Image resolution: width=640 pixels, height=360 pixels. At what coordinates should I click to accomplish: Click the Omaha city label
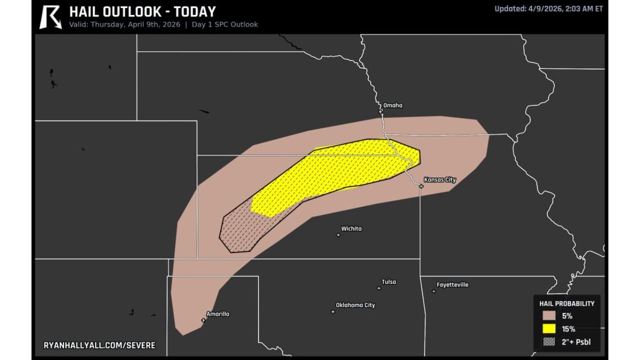(392, 105)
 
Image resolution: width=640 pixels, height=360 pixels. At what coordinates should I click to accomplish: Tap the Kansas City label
(439, 179)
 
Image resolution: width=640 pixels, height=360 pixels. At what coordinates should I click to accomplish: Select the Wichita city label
(351, 228)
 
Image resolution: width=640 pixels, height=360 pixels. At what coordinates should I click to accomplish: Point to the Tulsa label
(388, 282)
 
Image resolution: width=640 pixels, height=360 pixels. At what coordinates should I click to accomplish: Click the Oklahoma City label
(355, 305)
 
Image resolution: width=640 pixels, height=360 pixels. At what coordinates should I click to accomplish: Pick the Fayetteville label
(452, 285)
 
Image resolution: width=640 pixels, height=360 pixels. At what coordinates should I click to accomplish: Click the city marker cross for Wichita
(338, 235)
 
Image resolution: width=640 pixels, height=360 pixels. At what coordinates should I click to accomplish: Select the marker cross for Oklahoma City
(333, 311)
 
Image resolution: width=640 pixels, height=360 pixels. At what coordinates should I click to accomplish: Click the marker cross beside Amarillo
(203, 320)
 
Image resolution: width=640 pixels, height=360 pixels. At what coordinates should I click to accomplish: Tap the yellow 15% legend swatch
(549, 329)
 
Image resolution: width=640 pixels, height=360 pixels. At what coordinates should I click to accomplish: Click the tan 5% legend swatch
(549, 316)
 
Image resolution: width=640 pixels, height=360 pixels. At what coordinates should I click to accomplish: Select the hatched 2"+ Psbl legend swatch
(549, 342)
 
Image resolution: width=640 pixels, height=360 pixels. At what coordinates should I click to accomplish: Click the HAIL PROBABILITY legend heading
(566, 303)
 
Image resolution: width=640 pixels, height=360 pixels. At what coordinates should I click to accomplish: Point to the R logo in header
(50, 17)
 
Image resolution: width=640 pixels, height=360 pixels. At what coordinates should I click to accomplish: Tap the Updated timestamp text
(548, 8)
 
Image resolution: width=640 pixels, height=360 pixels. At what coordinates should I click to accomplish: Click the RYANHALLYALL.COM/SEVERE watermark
(99, 345)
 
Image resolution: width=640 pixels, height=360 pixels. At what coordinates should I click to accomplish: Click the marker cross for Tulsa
(378, 288)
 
